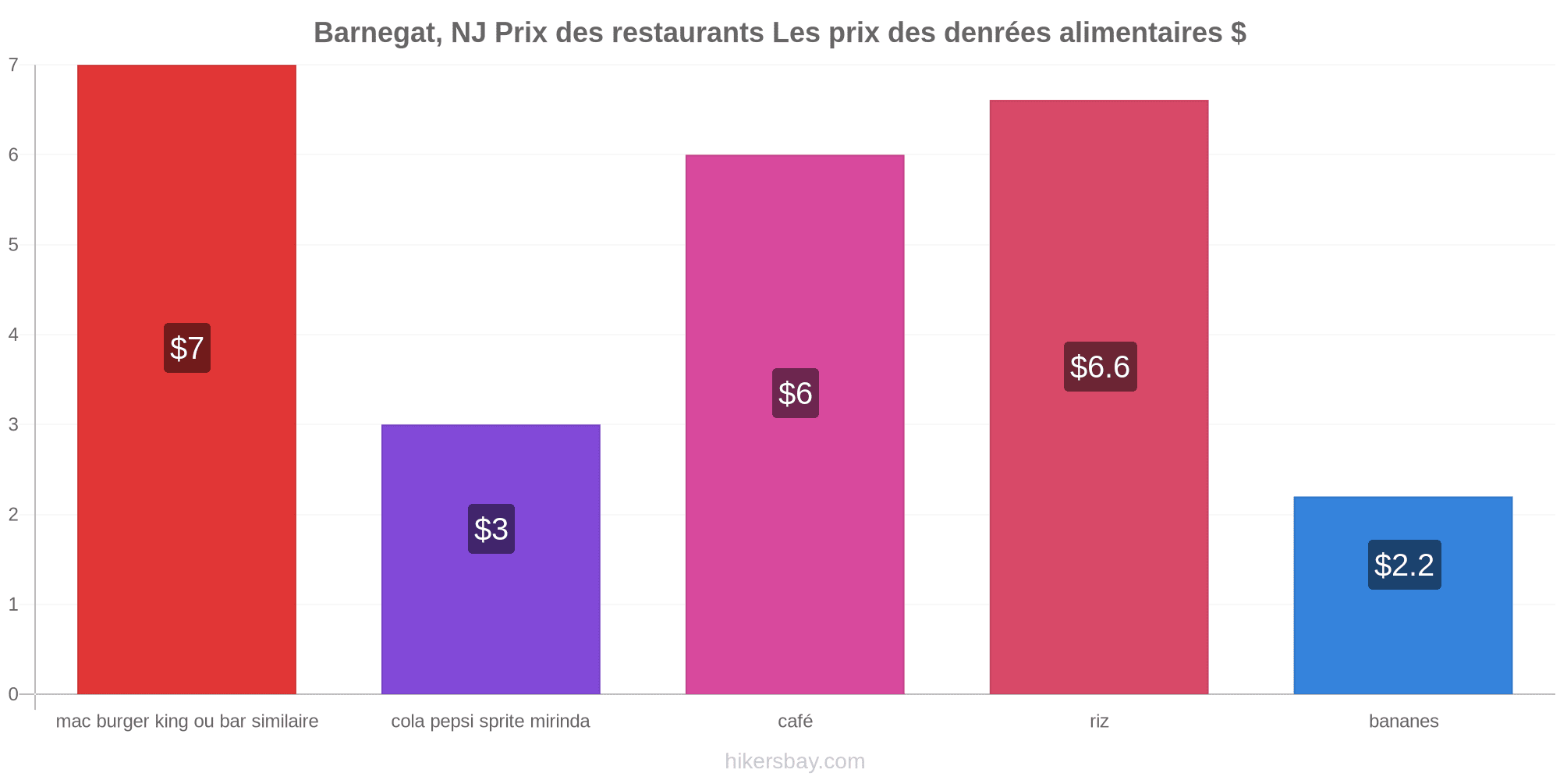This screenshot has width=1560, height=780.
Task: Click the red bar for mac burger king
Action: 186,379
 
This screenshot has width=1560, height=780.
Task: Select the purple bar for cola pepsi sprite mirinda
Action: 491,559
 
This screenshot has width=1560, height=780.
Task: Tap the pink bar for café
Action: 795,424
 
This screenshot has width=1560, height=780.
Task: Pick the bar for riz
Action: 1099,397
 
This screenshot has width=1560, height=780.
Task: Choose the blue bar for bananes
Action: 1403,595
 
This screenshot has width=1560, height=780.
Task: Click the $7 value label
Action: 187,348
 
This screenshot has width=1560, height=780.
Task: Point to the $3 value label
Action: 491,529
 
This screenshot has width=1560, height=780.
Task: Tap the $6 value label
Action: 796,393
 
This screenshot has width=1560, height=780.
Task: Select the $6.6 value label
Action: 1100,367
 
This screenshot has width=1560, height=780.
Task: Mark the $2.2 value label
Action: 1404,565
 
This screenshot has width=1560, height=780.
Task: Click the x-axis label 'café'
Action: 796,721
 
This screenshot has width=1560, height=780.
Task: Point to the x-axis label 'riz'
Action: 1099,721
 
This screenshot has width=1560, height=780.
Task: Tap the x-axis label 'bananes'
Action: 1403,721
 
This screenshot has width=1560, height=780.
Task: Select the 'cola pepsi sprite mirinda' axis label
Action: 491,721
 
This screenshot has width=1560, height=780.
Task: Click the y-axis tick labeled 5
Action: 13,245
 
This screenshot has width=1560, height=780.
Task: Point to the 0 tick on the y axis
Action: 13,694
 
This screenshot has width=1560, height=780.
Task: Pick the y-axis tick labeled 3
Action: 13,424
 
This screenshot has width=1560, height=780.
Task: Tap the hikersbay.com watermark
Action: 795,761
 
